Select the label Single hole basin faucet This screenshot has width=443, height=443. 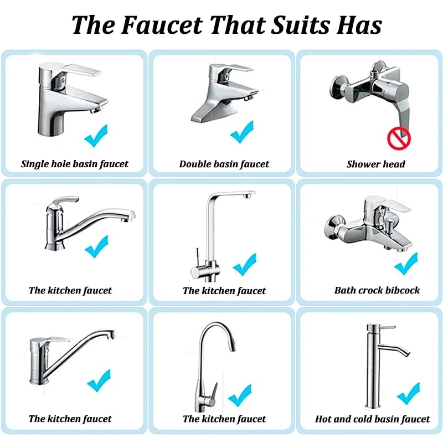(74, 164)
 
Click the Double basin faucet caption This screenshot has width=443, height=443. (224, 164)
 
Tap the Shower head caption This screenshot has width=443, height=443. (376, 164)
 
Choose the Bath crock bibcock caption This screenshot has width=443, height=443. (377, 290)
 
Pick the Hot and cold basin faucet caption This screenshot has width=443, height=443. (372, 419)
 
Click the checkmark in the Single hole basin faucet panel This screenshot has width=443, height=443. (96, 135)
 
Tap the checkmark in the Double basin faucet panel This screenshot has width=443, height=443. (241, 132)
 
